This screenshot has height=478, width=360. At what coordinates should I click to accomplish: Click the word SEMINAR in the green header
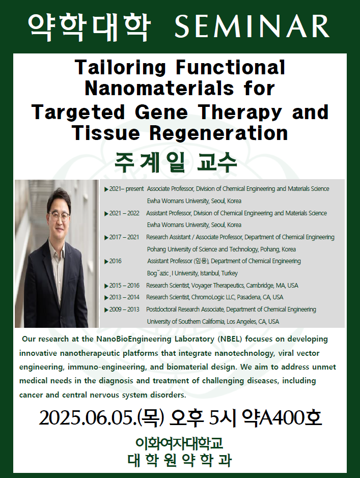(x=252, y=26)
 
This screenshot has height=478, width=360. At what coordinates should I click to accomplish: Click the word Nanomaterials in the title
(x=159, y=89)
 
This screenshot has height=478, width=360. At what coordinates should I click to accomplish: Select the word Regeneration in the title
(x=218, y=133)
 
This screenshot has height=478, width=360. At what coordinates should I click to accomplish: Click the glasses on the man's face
(x=58, y=216)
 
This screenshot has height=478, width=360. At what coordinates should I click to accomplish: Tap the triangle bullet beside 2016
(x=106, y=262)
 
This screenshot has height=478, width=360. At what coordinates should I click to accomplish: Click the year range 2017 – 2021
(x=124, y=237)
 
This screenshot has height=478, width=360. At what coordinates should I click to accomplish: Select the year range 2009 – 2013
(x=124, y=310)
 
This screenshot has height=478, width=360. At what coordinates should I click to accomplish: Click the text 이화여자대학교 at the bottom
(x=179, y=443)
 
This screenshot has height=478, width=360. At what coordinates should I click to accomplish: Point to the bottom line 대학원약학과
(x=180, y=460)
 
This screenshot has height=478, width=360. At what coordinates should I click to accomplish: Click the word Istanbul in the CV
(x=209, y=273)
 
